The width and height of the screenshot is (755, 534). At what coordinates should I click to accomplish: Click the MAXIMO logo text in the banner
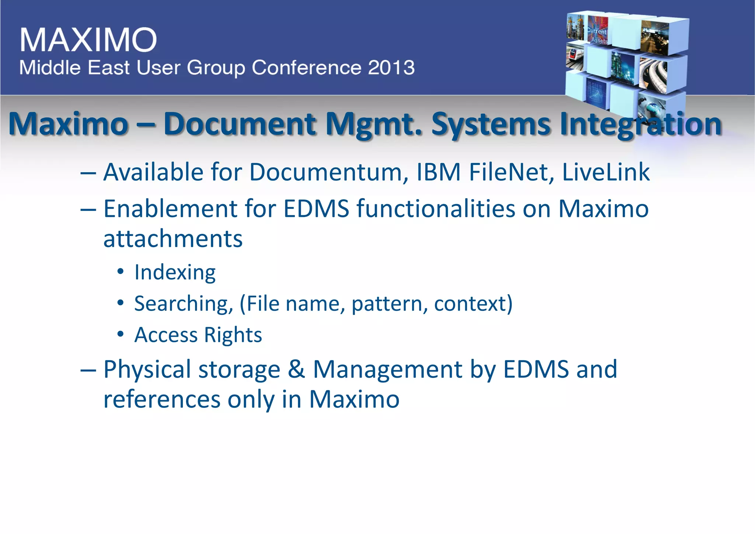coord(88,39)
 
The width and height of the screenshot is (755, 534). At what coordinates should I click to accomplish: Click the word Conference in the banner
coord(306,68)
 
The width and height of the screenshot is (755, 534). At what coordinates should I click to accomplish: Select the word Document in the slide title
coord(240,124)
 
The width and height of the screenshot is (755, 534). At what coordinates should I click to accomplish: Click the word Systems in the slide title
coord(491,125)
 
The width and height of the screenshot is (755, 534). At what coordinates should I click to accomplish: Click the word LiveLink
coord(606,172)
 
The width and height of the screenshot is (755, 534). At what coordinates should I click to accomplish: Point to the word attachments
coord(173,239)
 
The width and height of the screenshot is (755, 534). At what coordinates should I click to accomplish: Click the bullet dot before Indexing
coord(121,272)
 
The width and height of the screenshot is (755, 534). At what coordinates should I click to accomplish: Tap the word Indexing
coord(175,273)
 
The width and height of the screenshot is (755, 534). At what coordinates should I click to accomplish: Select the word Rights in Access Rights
coord(233,335)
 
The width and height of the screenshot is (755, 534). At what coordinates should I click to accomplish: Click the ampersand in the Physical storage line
coord(296,369)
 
